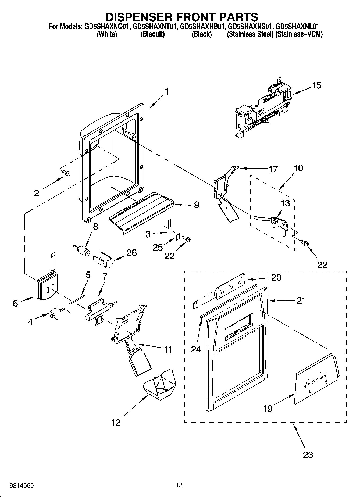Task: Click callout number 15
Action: (316, 85)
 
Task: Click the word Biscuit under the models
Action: (153, 34)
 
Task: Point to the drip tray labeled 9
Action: (142, 210)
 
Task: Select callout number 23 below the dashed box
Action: (308, 455)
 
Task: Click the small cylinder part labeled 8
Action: (83, 252)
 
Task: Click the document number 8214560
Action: (22, 485)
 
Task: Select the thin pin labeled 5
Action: (77, 299)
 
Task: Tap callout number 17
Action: (273, 169)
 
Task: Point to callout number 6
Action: (15, 303)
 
